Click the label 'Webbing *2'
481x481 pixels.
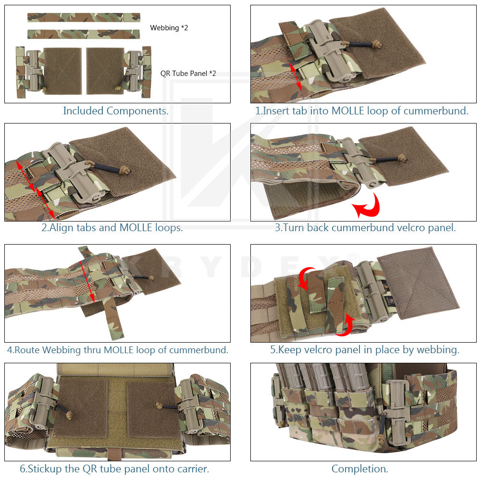click(169, 28)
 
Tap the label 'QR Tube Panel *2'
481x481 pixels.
click(188, 74)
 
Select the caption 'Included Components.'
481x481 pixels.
click(116, 111)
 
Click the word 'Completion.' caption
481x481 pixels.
click(360, 469)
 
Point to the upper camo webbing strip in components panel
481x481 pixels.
click(84, 17)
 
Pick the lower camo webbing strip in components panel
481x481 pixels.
click(84, 34)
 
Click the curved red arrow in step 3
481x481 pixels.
click(368, 206)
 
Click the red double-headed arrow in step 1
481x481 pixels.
click(296, 77)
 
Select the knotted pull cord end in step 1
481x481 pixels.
click(377, 44)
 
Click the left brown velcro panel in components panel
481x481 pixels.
click(62, 71)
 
